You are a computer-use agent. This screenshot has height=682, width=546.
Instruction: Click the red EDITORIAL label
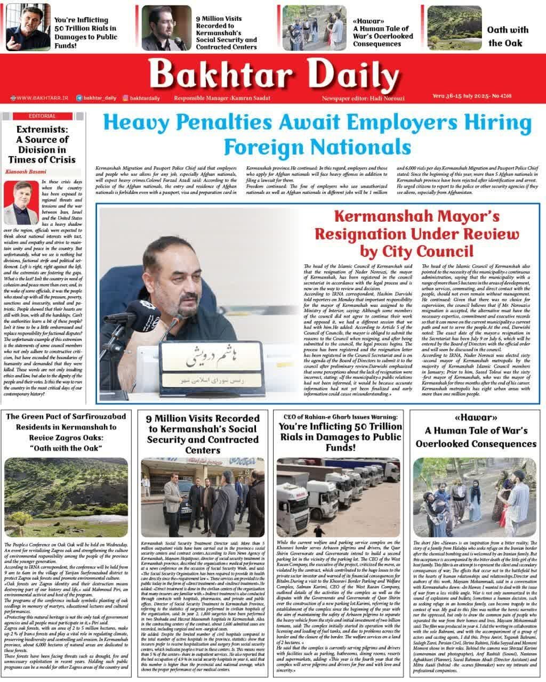[42, 116]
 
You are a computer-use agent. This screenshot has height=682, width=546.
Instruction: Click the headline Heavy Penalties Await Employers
[318, 133]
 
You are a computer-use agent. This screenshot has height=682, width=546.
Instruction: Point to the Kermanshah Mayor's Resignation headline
[416, 233]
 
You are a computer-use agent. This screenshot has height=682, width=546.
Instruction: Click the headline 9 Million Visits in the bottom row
[202, 434]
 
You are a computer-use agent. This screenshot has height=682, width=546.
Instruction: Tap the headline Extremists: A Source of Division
[42, 144]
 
